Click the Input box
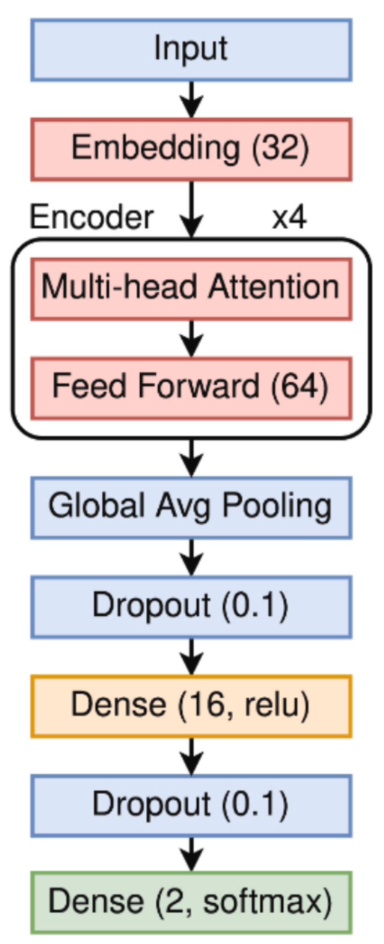[191, 49]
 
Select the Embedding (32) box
[191, 149]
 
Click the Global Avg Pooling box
[191, 507]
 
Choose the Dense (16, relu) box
[191, 706]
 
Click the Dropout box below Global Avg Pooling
[191, 607]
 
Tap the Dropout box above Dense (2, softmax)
[191, 805]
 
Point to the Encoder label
[91, 218]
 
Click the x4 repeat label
[289, 218]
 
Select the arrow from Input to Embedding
[192, 99]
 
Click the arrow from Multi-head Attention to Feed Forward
[192, 338]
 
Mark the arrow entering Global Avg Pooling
[192, 457]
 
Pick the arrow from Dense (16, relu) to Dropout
[192, 756]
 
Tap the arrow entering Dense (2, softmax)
[192, 854]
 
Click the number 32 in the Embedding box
[280, 148]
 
